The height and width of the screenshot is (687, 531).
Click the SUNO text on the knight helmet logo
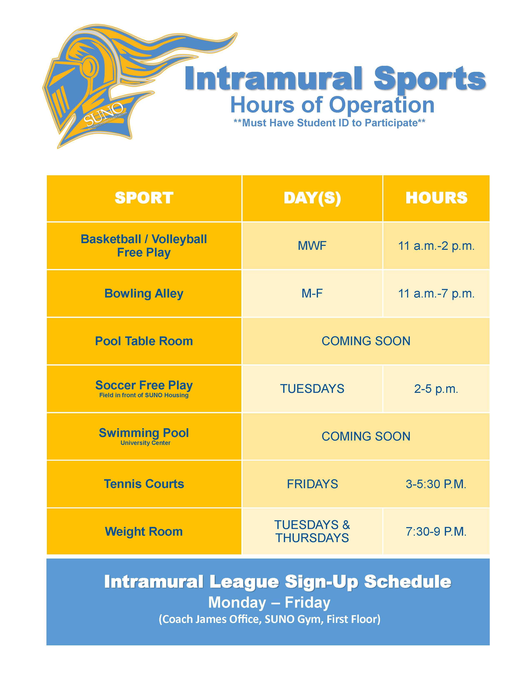tap(104, 114)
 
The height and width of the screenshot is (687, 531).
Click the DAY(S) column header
tap(312, 198)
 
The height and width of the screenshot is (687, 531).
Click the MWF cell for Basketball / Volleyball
tap(312, 246)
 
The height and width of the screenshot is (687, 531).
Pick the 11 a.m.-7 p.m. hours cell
tap(436, 294)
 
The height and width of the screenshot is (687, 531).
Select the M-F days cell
tap(312, 294)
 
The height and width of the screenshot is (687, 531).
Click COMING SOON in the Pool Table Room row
tap(366, 341)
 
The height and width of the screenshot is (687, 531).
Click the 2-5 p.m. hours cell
tap(436, 389)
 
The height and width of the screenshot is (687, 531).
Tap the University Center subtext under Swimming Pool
tap(145, 443)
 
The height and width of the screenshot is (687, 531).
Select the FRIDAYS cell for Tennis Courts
tap(312, 484)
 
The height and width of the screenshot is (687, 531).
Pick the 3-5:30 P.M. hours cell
tap(436, 484)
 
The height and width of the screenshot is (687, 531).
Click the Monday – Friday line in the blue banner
tap(269, 603)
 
